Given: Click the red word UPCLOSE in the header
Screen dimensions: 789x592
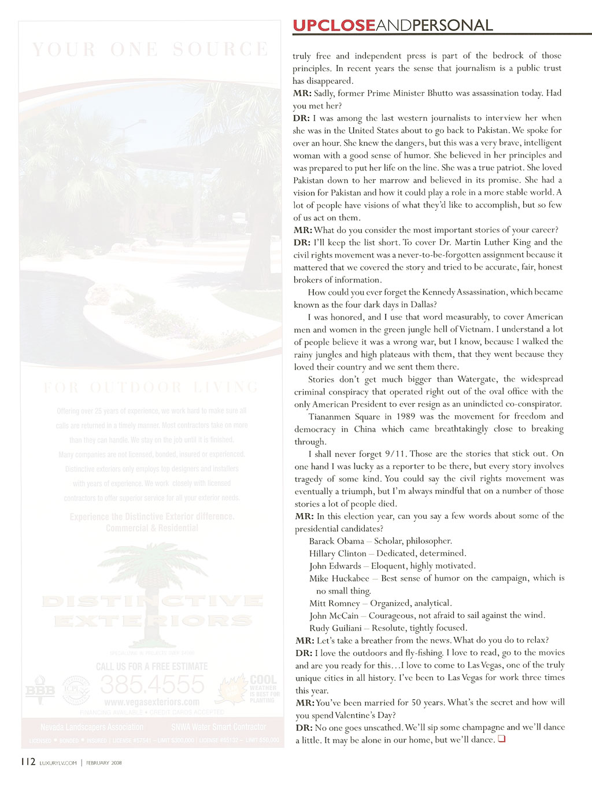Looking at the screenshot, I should [334, 25].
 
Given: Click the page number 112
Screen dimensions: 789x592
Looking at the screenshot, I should [28, 762].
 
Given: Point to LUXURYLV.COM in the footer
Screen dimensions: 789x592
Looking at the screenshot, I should [58, 763].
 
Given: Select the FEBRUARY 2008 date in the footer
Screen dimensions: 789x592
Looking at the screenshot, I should [104, 763].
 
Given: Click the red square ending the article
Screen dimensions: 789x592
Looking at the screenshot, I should [502, 739].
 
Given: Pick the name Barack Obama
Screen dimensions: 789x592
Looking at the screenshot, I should [336, 541].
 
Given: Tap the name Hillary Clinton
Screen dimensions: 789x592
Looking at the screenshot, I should [338, 554].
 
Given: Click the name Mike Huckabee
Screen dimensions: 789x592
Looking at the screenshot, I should [339, 578].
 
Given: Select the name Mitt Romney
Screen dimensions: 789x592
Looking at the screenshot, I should [335, 603].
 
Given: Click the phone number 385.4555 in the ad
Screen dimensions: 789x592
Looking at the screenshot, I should [152, 685].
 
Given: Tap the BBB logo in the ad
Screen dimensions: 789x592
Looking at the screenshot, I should [40, 690].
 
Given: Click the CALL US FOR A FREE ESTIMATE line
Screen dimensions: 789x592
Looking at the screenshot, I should [152, 666].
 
